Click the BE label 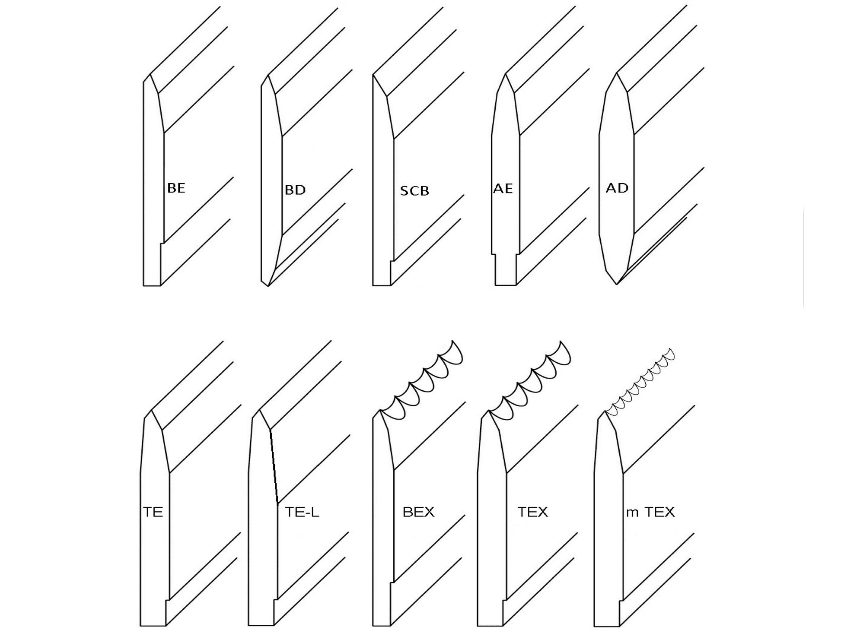click(x=176, y=188)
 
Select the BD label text click(x=295, y=190)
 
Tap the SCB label click(x=414, y=191)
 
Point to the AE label click(x=503, y=188)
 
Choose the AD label click(x=617, y=188)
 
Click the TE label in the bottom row click(x=153, y=512)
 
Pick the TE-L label click(x=302, y=512)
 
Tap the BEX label click(x=418, y=512)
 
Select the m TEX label click(x=650, y=512)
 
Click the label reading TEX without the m click(x=532, y=512)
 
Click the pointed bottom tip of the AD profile click(x=616, y=284)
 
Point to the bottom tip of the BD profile click(x=268, y=285)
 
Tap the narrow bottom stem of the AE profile click(x=505, y=270)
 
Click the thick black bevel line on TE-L click(x=274, y=466)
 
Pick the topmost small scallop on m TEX click(x=670, y=354)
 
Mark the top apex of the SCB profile click(x=373, y=75)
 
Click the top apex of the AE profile click(x=505, y=74)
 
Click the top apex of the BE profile click(x=150, y=75)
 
